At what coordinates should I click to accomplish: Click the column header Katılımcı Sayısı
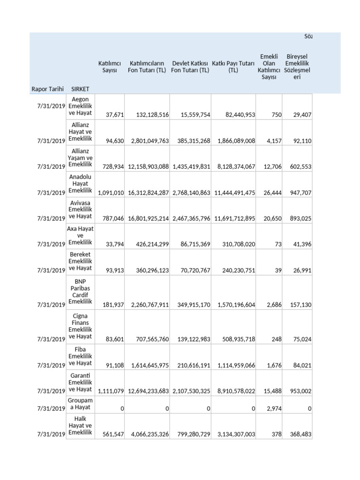coord(110,67)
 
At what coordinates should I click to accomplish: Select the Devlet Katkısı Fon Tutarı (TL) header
coord(190,67)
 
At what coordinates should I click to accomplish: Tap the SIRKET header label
coord(80,89)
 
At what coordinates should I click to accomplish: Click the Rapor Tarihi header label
coord(47,89)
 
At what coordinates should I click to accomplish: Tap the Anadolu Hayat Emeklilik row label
coord(81,184)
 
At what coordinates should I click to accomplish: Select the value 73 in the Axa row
coord(277,244)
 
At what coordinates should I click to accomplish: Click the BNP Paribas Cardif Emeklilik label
coord(81,292)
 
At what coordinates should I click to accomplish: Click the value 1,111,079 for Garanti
coord(111,391)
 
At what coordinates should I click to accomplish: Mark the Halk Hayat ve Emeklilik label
coord(81,425)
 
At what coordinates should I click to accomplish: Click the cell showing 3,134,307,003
coord(234,435)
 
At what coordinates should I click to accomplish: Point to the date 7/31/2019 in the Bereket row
coord(48,270)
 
